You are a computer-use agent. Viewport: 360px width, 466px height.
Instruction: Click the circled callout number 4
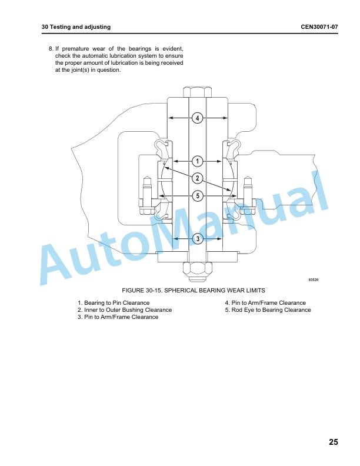click(x=198, y=118)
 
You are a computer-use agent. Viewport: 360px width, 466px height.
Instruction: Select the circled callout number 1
click(x=198, y=161)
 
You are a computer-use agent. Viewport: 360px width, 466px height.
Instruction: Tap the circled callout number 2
click(x=198, y=178)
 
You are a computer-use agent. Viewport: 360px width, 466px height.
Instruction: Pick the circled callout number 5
click(x=198, y=196)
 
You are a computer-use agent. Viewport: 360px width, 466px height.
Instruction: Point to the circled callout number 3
click(x=198, y=239)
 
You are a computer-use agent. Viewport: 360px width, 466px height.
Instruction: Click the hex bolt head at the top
click(x=198, y=92)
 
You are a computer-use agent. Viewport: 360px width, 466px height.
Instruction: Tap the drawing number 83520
click(x=314, y=279)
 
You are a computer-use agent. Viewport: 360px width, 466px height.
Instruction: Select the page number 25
click(x=334, y=442)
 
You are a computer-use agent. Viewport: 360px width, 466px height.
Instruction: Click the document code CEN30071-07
click(x=319, y=26)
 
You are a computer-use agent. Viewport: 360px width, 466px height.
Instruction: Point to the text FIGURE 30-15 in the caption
click(x=142, y=290)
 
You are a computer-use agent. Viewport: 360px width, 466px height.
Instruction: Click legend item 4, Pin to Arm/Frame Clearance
click(x=265, y=303)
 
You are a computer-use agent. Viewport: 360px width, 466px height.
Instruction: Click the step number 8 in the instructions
click(x=51, y=49)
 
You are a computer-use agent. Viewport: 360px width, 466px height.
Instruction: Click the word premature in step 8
click(x=75, y=49)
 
